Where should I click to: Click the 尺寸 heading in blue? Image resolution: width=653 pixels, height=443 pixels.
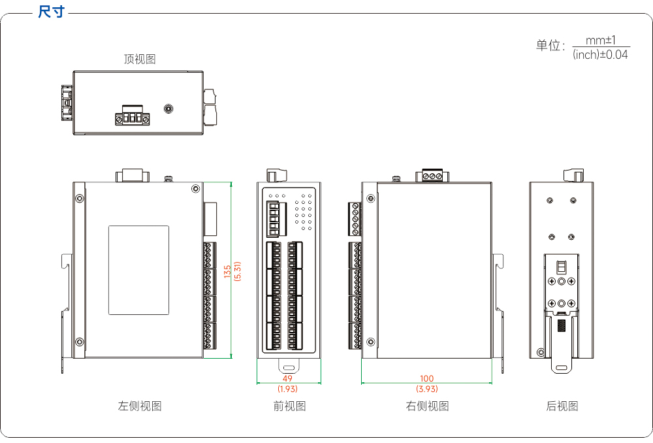pyautogui.click(x=51, y=12)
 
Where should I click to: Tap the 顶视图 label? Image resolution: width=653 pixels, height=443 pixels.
pyautogui.click(x=140, y=59)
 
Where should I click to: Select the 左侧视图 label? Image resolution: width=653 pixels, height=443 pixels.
pyautogui.click(x=140, y=406)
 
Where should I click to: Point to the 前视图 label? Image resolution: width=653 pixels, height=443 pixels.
pyautogui.click(x=289, y=406)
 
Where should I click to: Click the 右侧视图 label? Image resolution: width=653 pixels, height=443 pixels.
pyautogui.click(x=427, y=406)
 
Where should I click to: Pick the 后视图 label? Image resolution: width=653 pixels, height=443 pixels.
pyautogui.click(x=562, y=406)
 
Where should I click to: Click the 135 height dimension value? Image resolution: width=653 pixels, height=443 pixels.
pyautogui.click(x=227, y=271)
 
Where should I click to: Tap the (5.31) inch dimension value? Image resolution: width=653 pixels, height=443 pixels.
pyautogui.click(x=238, y=271)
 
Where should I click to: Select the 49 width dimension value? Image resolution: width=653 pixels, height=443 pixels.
pyautogui.click(x=287, y=378)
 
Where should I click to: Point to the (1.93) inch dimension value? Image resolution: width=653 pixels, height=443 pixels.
pyautogui.click(x=287, y=389)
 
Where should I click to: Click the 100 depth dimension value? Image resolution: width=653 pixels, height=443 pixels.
pyautogui.click(x=427, y=378)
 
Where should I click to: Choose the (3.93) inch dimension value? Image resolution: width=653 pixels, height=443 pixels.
pyautogui.click(x=427, y=389)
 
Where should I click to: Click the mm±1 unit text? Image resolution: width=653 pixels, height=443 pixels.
pyautogui.click(x=601, y=41)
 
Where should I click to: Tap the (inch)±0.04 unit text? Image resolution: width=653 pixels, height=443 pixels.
pyautogui.click(x=600, y=55)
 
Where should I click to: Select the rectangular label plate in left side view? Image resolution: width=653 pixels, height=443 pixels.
pyautogui.click(x=138, y=270)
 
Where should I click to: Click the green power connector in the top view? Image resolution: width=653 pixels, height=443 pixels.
pyautogui.click(x=133, y=116)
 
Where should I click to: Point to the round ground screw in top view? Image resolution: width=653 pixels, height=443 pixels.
pyautogui.click(x=168, y=108)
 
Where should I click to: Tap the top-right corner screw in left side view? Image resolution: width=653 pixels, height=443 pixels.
pyautogui.click(x=195, y=189)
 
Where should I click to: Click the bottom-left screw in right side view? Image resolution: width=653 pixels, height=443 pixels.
pyautogui.click(x=370, y=342)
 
